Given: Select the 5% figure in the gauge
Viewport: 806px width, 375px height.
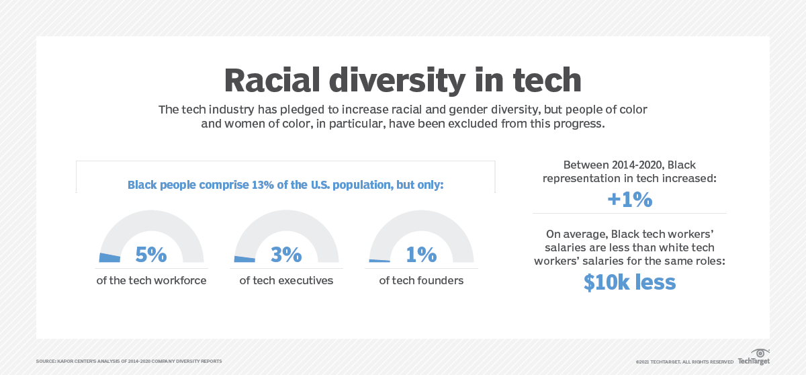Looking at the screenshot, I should (x=150, y=255).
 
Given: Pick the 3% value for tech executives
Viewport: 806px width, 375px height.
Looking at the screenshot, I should (x=286, y=255).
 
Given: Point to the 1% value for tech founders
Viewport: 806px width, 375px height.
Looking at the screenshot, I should (x=421, y=255).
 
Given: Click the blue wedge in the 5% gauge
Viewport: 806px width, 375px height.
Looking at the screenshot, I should (x=109, y=257).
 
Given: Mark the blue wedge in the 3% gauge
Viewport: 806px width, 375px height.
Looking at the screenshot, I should (x=244, y=259).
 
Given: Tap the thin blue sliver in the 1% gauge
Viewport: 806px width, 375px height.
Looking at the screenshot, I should (x=379, y=261).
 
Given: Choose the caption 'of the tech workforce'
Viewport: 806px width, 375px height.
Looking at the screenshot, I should (x=151, y=280).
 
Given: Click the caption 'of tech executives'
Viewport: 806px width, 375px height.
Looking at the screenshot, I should (x=286, y=280).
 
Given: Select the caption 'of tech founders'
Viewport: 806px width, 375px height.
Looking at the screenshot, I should (x=421, y=280).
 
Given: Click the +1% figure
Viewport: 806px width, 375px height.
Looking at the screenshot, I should (x=629, y=200).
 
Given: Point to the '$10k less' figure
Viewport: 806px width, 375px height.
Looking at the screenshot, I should (x=629, y=282).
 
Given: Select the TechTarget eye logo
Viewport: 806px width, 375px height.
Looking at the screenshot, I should (x=760, y=353).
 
